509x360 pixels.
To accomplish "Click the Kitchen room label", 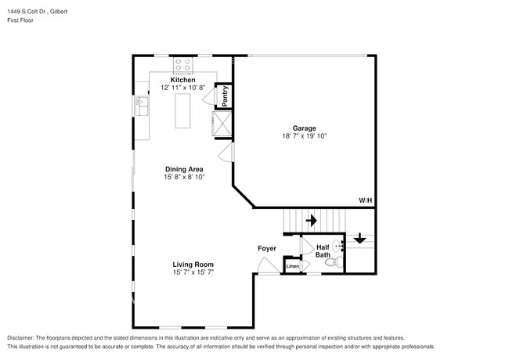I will click(183, 80).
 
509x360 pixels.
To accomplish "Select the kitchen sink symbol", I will click(141, 103).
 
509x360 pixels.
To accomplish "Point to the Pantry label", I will click(225, 95).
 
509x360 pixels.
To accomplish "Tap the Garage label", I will click(304, 128).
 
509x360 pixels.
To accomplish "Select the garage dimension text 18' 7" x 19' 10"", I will click(304, 136).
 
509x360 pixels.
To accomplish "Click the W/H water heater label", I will click(366, 201).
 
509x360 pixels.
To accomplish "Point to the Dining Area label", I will click(184, 169).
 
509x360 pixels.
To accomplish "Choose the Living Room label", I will click(193, 265).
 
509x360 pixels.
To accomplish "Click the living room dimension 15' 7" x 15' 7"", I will click(193, 272).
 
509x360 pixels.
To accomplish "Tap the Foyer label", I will click(267, 249).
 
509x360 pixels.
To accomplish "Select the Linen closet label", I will click(292, 267).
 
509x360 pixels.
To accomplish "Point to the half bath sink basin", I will click(338, 245).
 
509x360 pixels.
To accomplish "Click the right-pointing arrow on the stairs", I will click(311, 221).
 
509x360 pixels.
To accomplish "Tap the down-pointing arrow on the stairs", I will click(359, 239).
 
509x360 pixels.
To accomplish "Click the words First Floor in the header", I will click(20, 20).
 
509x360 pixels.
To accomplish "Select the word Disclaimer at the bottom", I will click(23, 337).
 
